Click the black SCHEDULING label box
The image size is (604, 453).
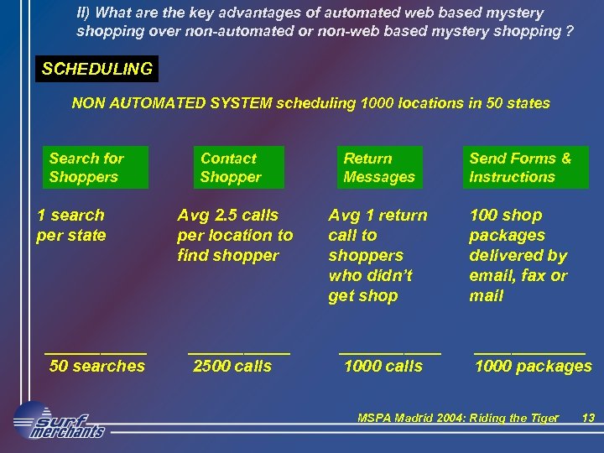(x=96, y=69)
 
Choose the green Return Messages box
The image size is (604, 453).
(x=379, y=168)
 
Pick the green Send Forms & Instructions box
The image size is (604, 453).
(x=525, y=168)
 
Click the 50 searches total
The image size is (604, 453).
(x=97, y=366)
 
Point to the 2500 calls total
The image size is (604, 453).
(x=232, y=366)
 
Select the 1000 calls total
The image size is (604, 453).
(x=383, y=366)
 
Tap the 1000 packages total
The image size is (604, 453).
(x=534, y=366)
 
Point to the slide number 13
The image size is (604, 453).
(x=588, y=418)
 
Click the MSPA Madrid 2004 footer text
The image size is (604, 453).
(x=457, y=418)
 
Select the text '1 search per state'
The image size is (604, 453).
(x=71, y=225)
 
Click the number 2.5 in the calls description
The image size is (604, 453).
(x=226, y=216)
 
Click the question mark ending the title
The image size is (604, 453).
(x=570, y=32)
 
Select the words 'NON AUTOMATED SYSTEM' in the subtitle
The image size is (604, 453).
(x=172, y=103)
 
